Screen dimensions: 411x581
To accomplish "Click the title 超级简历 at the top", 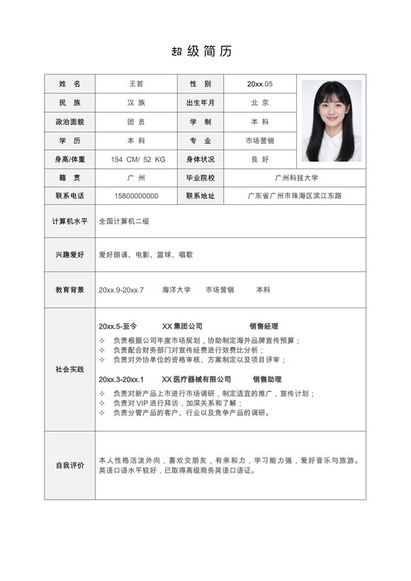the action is (x=201, y=51).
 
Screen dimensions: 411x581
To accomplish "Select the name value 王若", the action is (x=135, y=84).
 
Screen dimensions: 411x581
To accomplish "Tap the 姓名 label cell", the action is (x=69, y=84).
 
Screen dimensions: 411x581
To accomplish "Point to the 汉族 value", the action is (x=135, y=103).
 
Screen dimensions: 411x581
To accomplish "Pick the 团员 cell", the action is (x=135, y=122).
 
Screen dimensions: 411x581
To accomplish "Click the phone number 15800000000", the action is (x=135, y=196).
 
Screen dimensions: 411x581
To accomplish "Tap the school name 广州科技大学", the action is (x=296, y=178).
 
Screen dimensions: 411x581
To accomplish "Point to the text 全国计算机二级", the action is (x=124, y=221).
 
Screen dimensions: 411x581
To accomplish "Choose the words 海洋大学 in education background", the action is (x=176, y=290).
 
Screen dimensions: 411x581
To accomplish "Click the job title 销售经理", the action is (x=264, y=327).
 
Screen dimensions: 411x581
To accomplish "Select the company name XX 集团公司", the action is (x=182, y=327).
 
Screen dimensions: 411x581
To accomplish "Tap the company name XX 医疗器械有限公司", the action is (x=196, y=380).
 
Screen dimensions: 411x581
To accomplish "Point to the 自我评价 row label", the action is (x=69, y=466).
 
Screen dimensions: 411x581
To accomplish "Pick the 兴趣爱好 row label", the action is (x=69, y=254).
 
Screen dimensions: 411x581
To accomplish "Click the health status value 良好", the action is (x=260, y=159).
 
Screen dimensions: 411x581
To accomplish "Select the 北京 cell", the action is (x=260, y=103).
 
